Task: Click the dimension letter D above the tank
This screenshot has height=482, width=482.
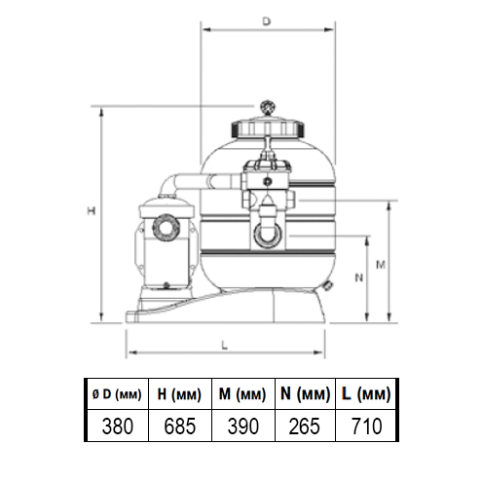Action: [x=266, y=21]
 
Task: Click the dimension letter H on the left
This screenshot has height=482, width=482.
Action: [x=92, y=211]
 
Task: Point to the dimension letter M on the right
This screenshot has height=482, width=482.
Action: [x=381, y=265]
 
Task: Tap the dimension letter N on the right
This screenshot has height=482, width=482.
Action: [x=358, y=278]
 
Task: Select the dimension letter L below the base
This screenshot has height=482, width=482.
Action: [x=224, y=346]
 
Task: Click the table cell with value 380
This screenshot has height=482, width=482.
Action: [x=118, y=426]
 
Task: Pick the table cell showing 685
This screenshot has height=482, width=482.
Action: [x=180, y=426]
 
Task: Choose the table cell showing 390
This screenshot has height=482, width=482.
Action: [x=243, y=426]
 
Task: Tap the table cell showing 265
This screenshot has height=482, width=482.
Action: [x=305, y=426]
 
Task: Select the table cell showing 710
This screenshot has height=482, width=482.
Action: [x=366, y=426]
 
